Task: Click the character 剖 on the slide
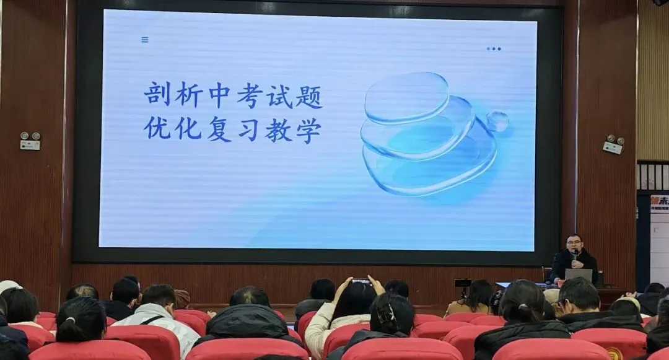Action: [x=157, y=95]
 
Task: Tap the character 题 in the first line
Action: [x=308, y=95]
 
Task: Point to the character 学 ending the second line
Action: [x=308, y=129]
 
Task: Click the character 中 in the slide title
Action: [x=218, y=95]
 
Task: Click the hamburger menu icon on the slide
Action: [x=145, y=40]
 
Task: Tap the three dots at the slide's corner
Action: [x=494, y=48]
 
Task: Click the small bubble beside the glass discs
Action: [x=497, y=121]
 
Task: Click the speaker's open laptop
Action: [x=579, y=275]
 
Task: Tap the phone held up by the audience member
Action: [x=361, y=282]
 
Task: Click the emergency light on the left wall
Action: [x=30, y=141]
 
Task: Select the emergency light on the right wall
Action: [x=613, y=144]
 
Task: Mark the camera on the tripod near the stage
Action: [x=462, y=283]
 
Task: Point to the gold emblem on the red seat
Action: [x=614, y=354]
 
